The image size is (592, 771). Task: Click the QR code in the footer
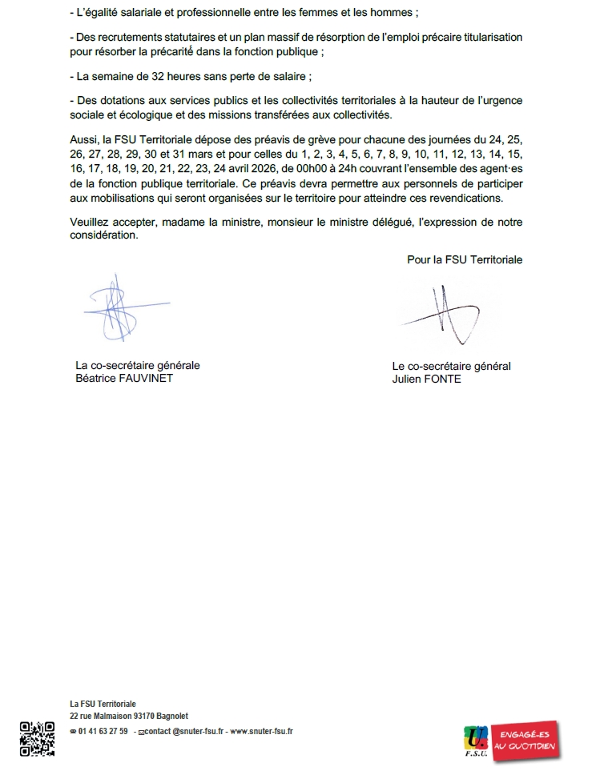pyautogui.click(x=37, y=739)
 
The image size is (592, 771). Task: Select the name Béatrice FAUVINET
pyautogui.click(x=123, y=379)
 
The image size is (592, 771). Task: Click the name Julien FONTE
pyautogui.click(x=426, y=379)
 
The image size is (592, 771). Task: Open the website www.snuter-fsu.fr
pyautogui.click(x=261, y=731)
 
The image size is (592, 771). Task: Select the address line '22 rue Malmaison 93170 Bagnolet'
pyautogui.click(x=129, y=716)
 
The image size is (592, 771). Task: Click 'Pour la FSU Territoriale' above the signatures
pyautogui.click(x=465, y=259)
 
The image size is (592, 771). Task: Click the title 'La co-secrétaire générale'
pyautogui.click(x=137, y=365)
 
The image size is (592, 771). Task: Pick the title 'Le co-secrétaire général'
pyautogui.click(x=451, y=366)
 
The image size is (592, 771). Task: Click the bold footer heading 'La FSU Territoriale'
pyautogui.click(x=103, y=704)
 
